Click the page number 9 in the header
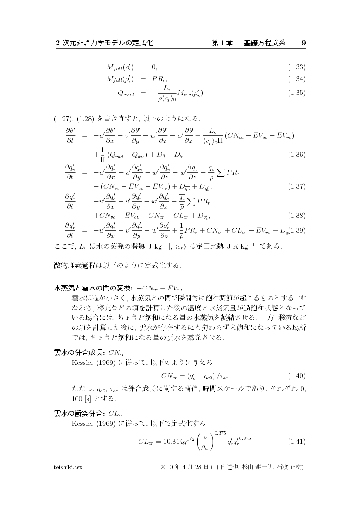303,43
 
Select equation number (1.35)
296,93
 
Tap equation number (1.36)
296,154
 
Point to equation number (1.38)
296,215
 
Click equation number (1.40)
296,375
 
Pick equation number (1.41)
296,441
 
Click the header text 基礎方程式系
264,43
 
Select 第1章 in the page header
222,43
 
